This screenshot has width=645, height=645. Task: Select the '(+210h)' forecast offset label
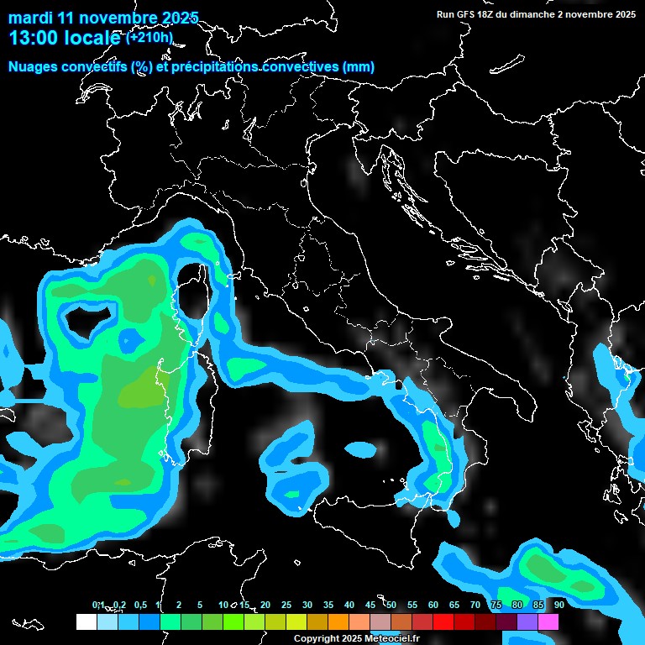(x=149, y=37)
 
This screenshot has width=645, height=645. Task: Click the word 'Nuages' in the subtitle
(x=33, y=67)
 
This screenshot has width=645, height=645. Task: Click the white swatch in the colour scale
(x=86, y=621)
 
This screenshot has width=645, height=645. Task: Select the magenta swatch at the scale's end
(x=548, y=621)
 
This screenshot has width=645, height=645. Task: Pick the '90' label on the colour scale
(x=559, y=605)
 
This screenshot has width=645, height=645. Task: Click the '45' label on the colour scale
(x=370, y=605)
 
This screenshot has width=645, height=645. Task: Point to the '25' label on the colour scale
(x=286, y=605)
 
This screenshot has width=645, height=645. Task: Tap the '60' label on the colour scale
(x=433, y=605)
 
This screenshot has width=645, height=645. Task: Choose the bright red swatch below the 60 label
(x=443, y=621)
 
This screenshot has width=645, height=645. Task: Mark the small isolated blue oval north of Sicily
(x=362, y=450)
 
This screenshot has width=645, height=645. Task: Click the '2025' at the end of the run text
(x=623, y=14)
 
